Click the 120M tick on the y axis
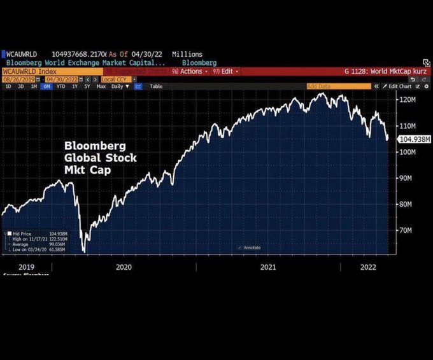coord(408,100)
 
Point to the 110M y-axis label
coord(408,126)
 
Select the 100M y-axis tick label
coord(408,152)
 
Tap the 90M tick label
coord(408,178)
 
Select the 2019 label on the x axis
coord(26,268)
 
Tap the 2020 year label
coord(124,268)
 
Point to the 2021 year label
coord(268,268)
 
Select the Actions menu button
coord(189,71)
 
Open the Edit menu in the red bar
coord(227,71)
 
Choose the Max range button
coord(101,87)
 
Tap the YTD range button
coord(60,87)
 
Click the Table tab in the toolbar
coord(156,87)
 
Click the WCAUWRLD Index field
coord(29,71)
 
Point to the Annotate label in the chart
coord(251,247)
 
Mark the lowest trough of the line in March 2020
coord(83,252)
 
